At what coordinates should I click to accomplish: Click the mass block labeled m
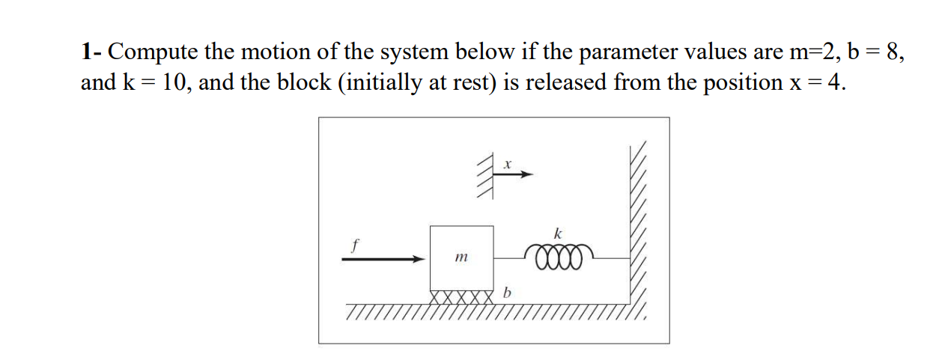461,257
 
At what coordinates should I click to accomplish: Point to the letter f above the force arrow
356,243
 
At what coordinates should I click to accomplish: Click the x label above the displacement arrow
507,162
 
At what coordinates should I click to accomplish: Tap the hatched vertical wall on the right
636,225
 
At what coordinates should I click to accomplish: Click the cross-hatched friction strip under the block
461,296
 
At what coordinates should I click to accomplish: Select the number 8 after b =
895,52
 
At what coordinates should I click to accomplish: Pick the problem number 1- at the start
93,52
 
